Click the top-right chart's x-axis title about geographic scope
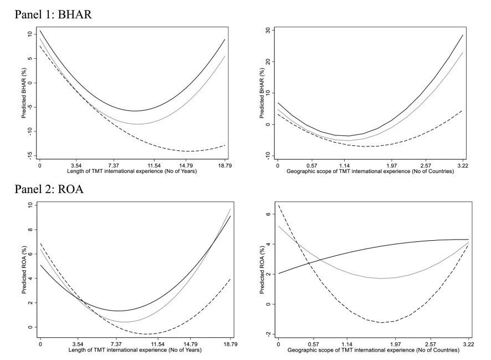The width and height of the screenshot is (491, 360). click(370, 172)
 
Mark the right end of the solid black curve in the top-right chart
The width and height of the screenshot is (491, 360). click(462, 35)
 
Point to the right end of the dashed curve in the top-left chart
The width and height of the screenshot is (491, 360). click(224, 145)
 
